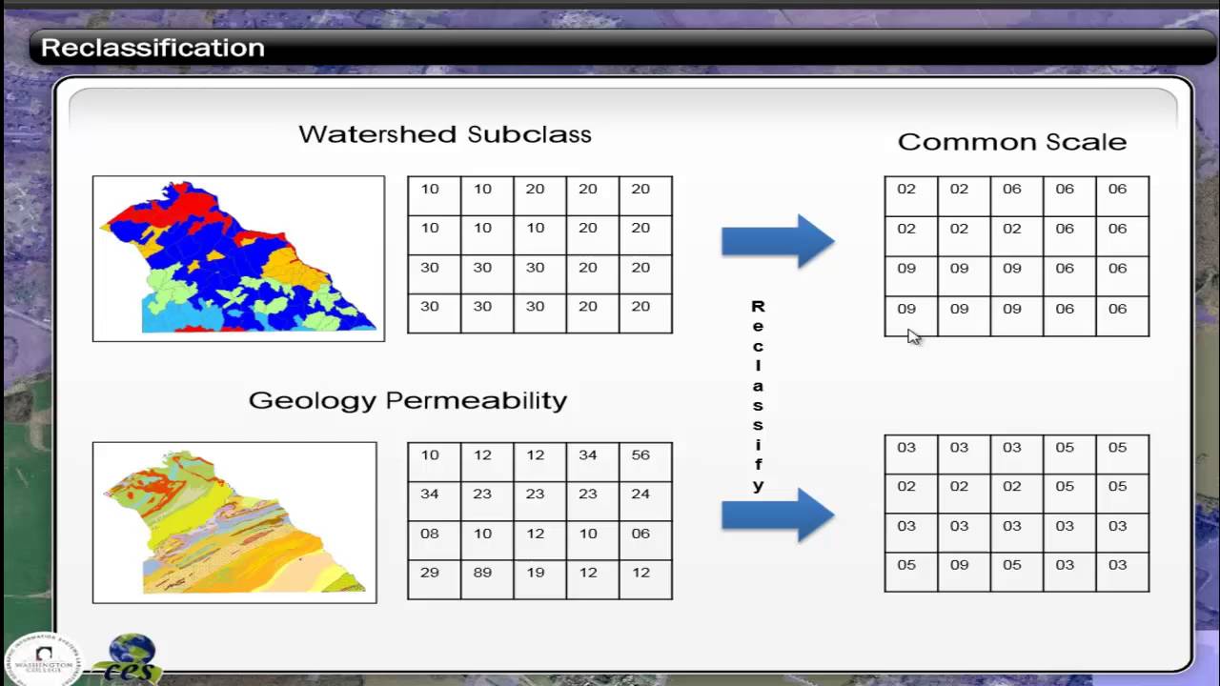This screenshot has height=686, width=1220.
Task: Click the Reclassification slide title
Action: (152, 48)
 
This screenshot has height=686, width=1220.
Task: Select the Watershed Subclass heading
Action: (444, 134)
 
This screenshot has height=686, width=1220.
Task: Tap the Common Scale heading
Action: (1011, 142)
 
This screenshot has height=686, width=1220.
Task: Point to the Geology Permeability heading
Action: (407, 400)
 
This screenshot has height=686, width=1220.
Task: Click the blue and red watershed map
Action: (238, 258)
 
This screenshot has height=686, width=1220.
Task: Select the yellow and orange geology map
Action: (234, 522)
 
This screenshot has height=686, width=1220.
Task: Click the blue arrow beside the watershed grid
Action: (778, 241)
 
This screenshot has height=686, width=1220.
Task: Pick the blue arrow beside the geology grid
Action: (778, 515)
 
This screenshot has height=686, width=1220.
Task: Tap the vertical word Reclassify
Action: (758, 395)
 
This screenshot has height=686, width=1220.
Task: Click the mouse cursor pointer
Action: (913, 335)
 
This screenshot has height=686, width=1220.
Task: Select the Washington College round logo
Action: (43, 659)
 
